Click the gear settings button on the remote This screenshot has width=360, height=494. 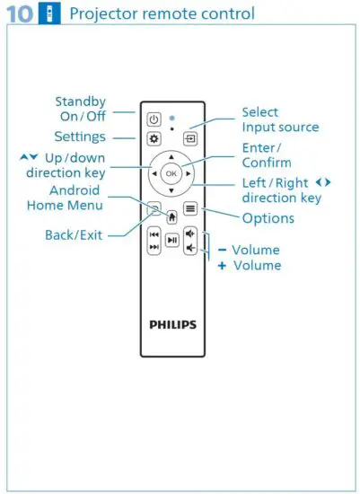point(154,139)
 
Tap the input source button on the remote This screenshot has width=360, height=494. point(190,139)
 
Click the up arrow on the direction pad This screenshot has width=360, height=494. point(171,156)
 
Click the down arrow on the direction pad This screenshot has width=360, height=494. point(171,190)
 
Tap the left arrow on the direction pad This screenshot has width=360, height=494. point(154,172)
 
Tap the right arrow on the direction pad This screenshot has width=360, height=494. point(189,172)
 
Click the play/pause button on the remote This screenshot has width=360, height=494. point(171,240)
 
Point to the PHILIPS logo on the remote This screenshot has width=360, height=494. point(171,324)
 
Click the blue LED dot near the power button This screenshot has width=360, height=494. point(171,118)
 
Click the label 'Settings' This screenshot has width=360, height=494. point(80,137)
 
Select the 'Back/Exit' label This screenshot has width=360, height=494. point(75,235)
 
